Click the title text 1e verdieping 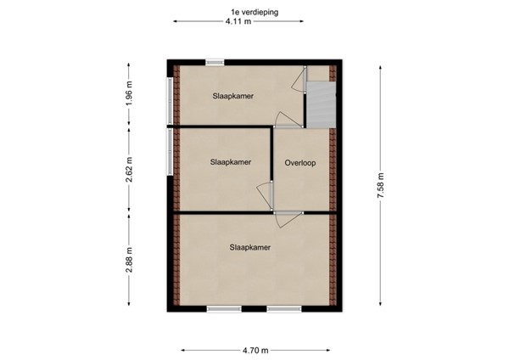click(x=254, y=12)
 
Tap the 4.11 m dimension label click(x=238, y=23)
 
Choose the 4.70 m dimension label click(x=255, y=350)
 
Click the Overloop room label click(x=300, y=163)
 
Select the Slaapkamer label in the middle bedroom click(x=230, y=162)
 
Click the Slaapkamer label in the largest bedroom click(x=249, y=248)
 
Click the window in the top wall click(x=215, y=61)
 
